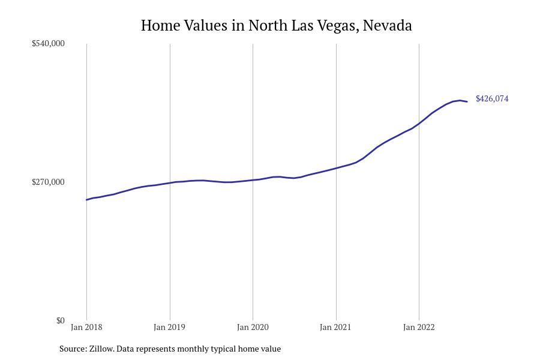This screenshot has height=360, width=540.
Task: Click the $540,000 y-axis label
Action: coord(48,43)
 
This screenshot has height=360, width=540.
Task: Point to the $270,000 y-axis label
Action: coord(48,182)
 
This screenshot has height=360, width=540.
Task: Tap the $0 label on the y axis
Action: coord(60,320)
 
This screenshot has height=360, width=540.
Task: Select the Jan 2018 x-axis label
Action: coord(86,327)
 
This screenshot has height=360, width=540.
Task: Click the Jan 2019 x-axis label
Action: coord(170,327)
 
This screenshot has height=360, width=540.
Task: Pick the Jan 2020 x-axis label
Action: coord(253,327)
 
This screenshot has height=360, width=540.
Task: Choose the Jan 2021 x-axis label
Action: coord(336,327)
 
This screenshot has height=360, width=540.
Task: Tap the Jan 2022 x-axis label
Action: coord(419,327)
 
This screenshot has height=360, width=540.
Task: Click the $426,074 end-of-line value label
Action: coord(492,98)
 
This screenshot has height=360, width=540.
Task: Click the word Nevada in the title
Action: coord(388,26)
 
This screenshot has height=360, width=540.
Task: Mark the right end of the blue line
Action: coord(467,101)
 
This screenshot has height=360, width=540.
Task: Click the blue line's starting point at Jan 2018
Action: coord(87,200)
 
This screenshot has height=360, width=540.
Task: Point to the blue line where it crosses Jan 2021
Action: coord(336,168)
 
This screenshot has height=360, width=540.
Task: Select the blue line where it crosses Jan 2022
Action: coord(419,123)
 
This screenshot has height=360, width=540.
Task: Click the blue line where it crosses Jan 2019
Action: coord(170,182)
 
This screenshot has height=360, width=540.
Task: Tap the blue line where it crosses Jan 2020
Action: coord(253,180)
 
